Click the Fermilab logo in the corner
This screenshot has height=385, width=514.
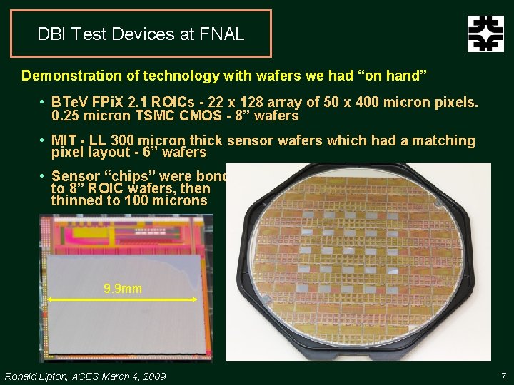[485, 34]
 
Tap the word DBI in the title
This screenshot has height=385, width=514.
[50, 34]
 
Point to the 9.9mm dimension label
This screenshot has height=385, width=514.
[122, 289]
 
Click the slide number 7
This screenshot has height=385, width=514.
[503, 376]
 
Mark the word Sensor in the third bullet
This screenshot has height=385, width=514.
[75, 176]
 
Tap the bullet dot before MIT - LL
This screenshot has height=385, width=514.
[43, 141]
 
